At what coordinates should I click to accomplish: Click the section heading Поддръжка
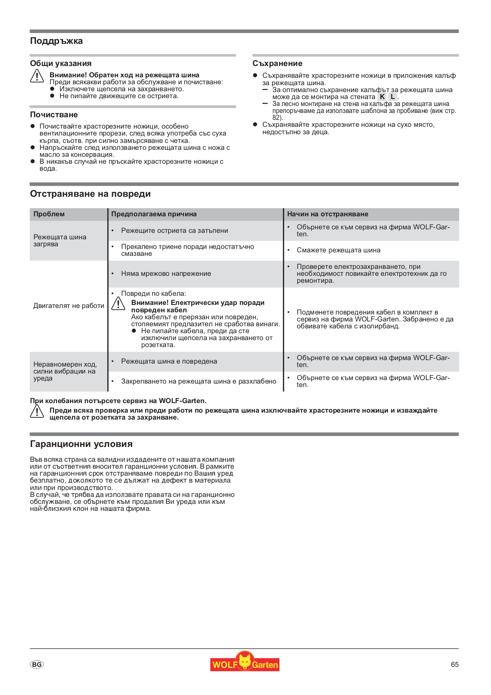[x=56, y=41]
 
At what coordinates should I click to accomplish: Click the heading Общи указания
[x=61, y=63]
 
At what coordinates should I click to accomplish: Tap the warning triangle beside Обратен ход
[x=37, y=76]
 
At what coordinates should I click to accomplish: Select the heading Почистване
[x=54, y=115]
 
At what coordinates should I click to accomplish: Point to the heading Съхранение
[x=277, y=63]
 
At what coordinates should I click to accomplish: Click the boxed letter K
[x=382, y=97]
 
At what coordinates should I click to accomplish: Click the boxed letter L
[x=392, y=97]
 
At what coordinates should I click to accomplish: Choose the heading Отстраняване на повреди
[x=90, y=194]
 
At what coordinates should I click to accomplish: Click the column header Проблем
[x=49, y=214]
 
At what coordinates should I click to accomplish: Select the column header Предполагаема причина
[x=154, y=214]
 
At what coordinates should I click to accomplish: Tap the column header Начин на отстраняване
[x=328, y=214]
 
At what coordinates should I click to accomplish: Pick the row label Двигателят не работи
[x=69, y=306]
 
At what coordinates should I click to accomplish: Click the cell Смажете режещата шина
[x=338, y=250]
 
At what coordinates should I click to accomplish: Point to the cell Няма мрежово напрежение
[x=166, y=274]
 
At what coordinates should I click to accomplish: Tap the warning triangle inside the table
[x=118, y=303]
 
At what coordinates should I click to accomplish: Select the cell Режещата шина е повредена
[x=169, y=361]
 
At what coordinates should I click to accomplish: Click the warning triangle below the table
[x=37, y=411]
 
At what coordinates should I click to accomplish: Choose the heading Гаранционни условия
[x=81, y=444]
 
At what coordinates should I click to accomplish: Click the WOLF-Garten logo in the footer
[x=245, y=662]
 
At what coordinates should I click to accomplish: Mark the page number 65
[x=455, y=665]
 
